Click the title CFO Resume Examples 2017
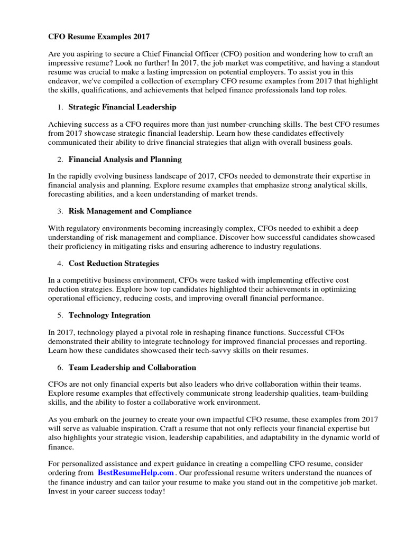point(99,37)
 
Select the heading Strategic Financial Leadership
point(123,107)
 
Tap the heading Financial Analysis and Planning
point(125,159)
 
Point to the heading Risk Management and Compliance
point(130,211)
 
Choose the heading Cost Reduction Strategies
point(114,263)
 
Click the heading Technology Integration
point(109,315)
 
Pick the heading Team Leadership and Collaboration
point(132,367)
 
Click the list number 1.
point(60,107)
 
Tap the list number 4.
point(60,263)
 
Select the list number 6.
point(60,367)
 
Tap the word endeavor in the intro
point(64,81)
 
